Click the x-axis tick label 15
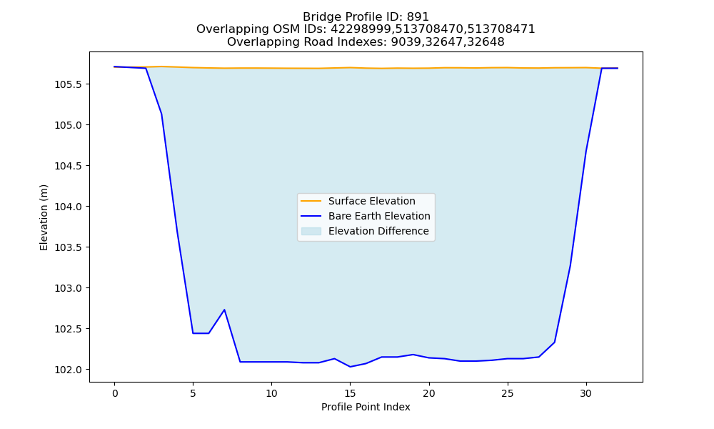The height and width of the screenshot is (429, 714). pos(350,393)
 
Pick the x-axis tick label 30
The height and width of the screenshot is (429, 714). pos(586,393)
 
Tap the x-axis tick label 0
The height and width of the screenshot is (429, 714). pos(115,393)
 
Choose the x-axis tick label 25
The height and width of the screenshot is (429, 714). pos(507,393)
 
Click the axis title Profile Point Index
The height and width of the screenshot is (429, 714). pos(366,407)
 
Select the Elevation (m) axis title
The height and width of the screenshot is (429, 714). pos(44,217)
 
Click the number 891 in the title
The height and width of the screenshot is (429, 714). pos(418,17)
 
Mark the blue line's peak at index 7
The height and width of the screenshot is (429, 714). pos(224,310)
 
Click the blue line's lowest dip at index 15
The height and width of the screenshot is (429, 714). pos(350,367)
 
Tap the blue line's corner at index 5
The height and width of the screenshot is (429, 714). pos(193,333)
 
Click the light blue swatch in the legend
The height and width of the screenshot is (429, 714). pos(311,231)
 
